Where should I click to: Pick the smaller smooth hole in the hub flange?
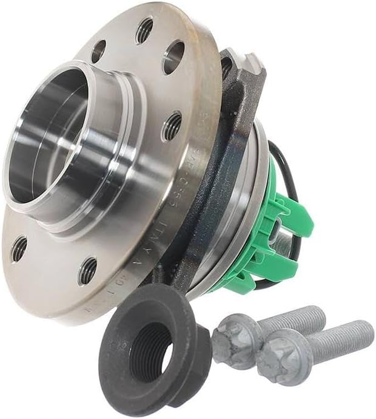[99, 51]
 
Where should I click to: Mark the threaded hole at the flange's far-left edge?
[19, 248]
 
